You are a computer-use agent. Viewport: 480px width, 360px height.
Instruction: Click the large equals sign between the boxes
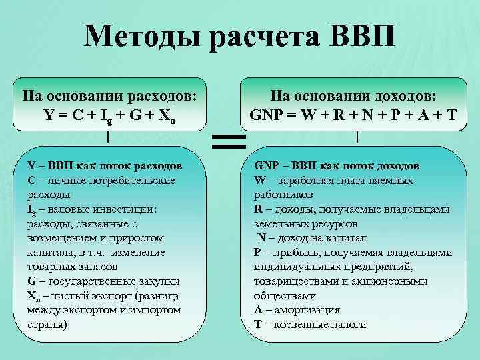229,141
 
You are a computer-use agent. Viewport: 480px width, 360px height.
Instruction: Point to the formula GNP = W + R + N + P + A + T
353,114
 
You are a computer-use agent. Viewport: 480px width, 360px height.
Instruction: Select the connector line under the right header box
358,137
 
